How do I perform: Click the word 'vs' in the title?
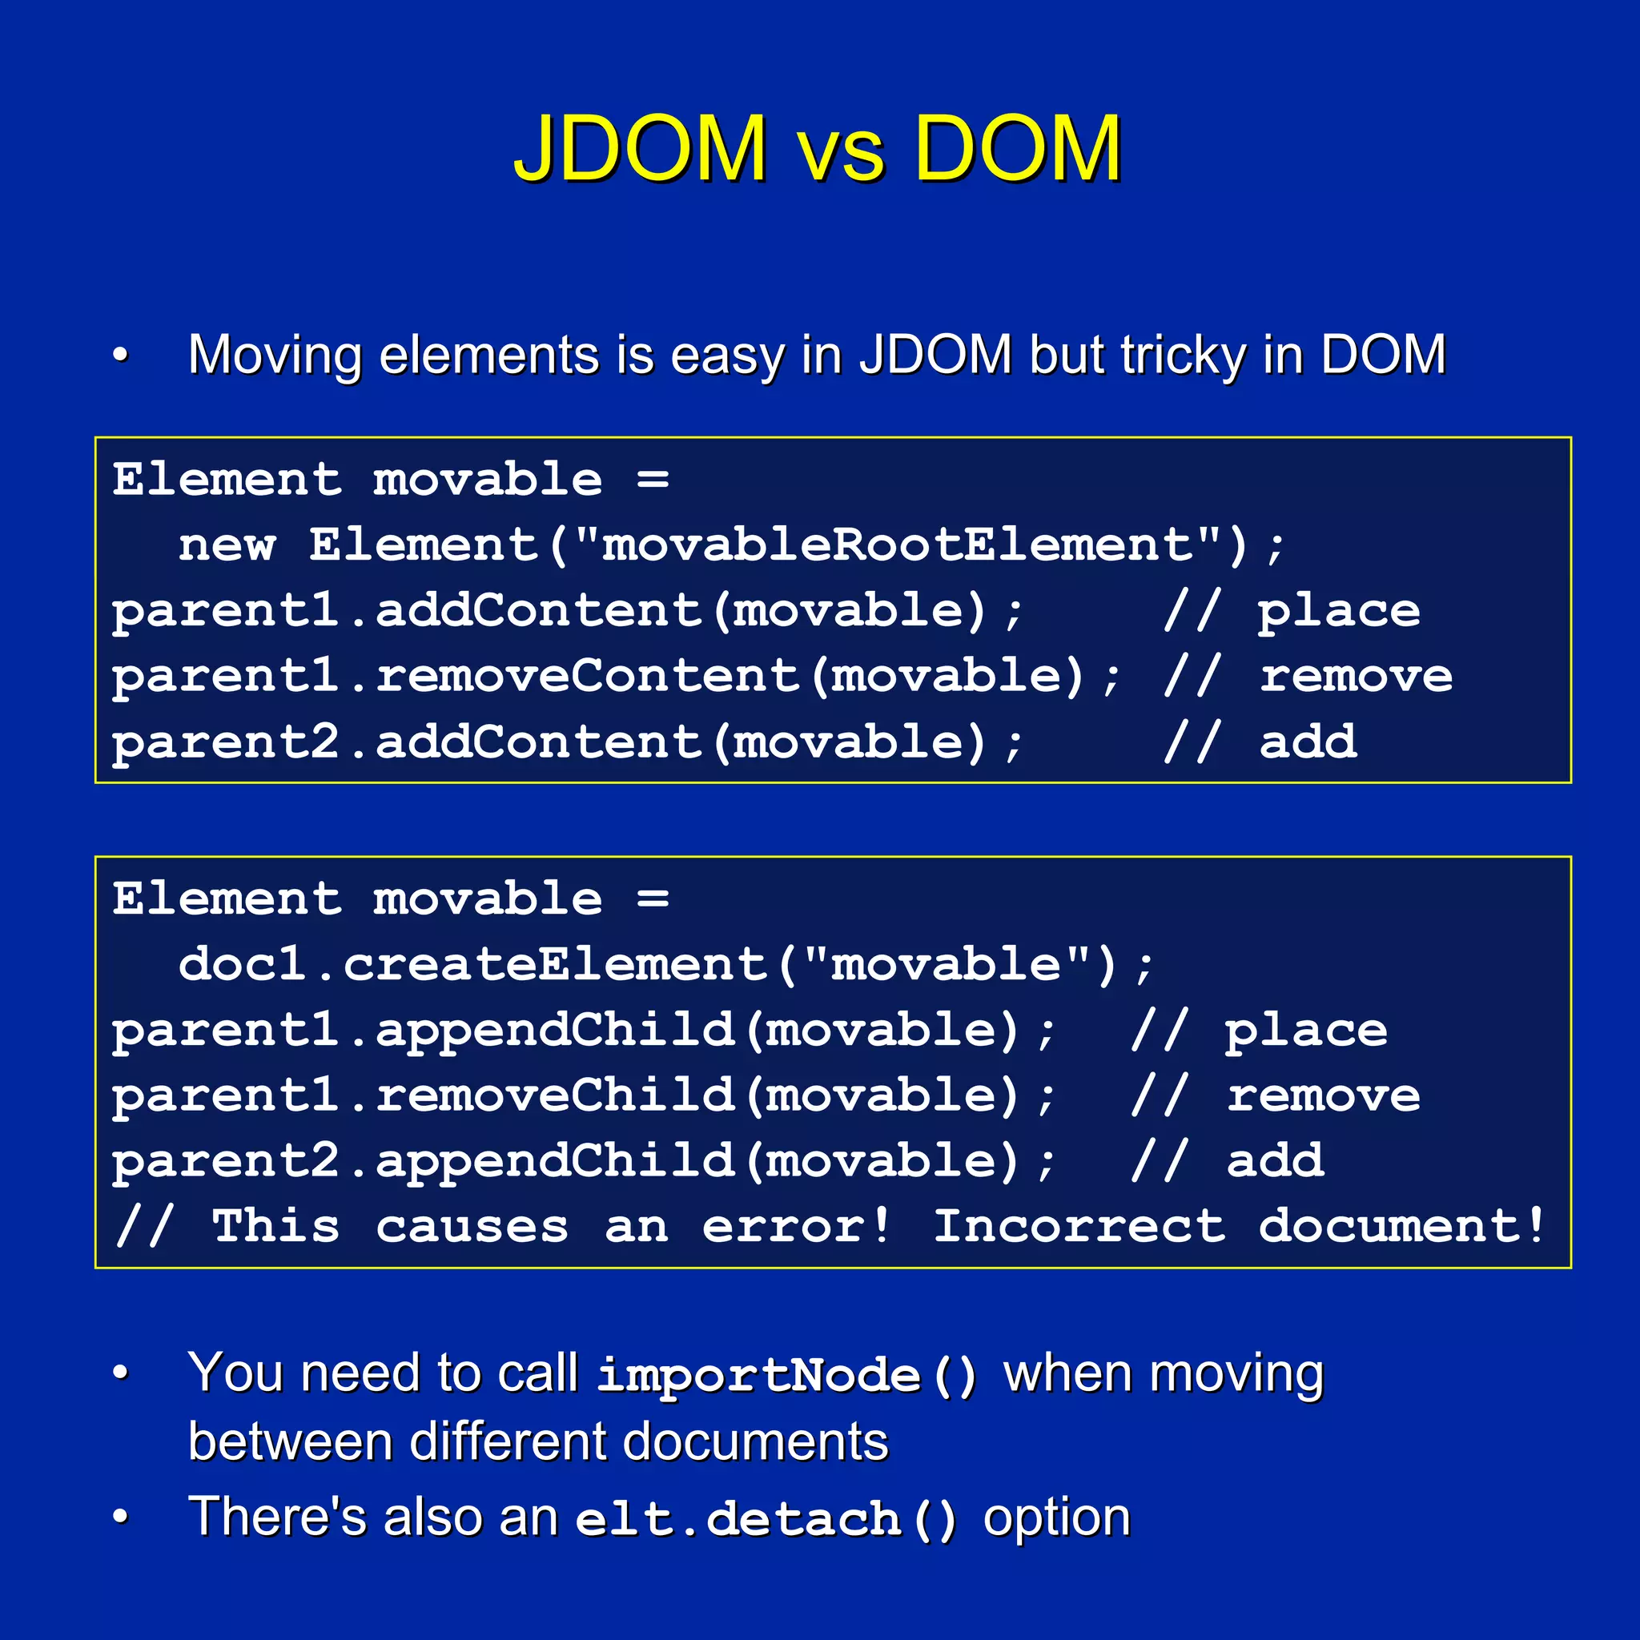coord(840,153)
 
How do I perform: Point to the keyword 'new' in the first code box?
coord(227,545)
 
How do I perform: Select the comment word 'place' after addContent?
coord(1339,611)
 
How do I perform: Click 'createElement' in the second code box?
coord(554,965)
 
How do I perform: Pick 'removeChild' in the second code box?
coord(554,1096)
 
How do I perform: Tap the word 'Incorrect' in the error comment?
coord(1079,1227)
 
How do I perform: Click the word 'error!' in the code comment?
coord(796,1227)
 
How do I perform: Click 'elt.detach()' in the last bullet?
coord(766,1519)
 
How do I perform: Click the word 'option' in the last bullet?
coord(1056,1517)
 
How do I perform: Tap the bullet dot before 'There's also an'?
coord(121,1517)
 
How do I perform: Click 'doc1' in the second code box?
coord(242,965)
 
